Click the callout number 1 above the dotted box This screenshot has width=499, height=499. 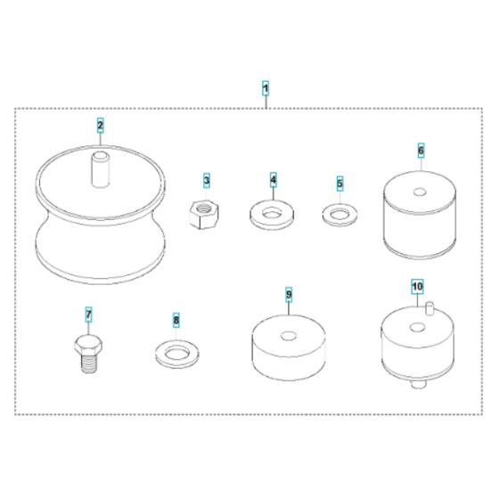[266, 88]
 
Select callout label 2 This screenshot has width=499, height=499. [100, 126]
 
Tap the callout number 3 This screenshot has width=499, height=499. [207, 180]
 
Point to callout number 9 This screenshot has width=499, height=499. [289, 295]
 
